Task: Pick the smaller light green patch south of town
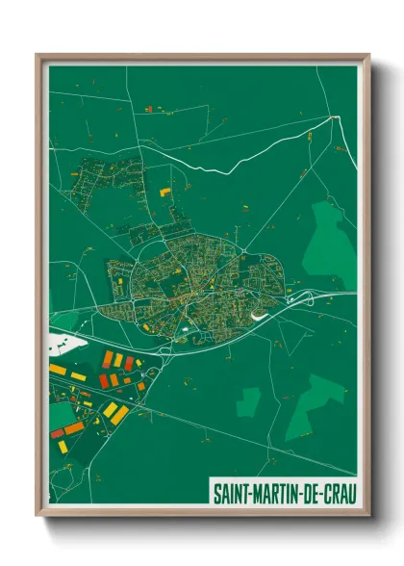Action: pos(248,401)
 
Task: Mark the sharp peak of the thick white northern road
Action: pos(337,116)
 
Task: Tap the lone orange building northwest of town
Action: pos(164,192)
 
